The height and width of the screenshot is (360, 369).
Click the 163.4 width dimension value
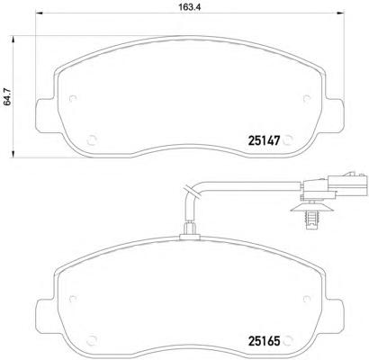(x=190, y=7)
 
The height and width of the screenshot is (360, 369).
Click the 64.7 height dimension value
(x=7, y=96)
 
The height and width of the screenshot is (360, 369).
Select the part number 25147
(x=264, y=140)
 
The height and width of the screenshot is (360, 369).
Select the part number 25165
(x=264, y=341)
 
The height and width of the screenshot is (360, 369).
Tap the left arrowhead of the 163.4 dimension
(x=40, y=13)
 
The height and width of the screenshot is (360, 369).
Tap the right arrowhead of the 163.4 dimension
(x=340, y=13)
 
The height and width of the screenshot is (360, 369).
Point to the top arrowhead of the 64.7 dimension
(x=13, y=40)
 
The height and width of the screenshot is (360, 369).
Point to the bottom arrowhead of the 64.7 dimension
(x=13, y=154)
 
